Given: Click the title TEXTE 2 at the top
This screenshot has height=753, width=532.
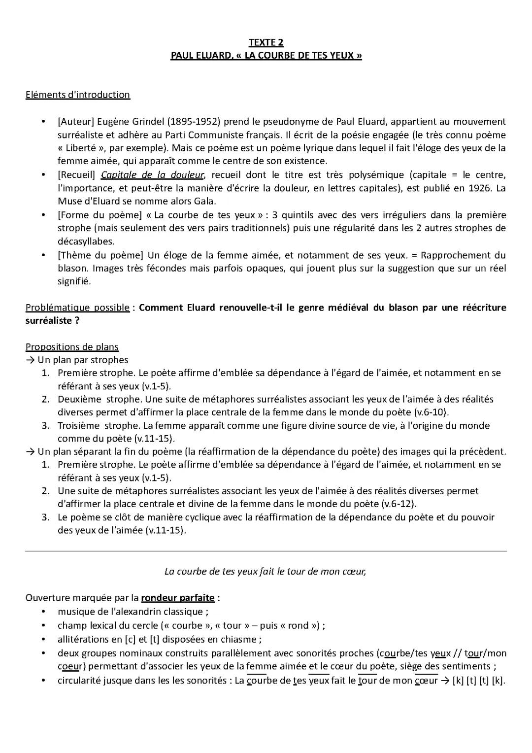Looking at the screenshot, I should click(x=266, y=42).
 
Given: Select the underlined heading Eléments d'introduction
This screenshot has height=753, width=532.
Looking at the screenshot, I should click(x=78, y=95).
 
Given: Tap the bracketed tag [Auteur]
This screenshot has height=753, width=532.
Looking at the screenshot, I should click(x=76, y=122).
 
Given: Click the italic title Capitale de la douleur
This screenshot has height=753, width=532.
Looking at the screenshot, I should click(x=153, y=175).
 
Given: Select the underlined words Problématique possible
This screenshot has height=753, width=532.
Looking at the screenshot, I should click(x=77, y=308).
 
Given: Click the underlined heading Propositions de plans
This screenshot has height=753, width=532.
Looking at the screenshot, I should click(x=72, y=347).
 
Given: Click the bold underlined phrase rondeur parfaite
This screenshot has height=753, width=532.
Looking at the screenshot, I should click(x=178, y=598).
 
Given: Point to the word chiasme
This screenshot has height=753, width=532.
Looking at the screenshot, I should click(x=241, y=639).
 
